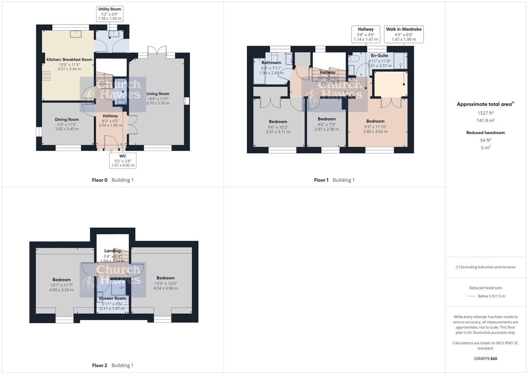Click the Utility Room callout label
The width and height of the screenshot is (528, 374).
click(x=110, y=9)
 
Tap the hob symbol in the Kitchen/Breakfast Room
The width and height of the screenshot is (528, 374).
click(x=46, y=75)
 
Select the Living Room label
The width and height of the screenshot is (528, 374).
click(x=158, y=94)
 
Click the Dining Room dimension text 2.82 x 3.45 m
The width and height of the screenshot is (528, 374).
click(x=67, y=129)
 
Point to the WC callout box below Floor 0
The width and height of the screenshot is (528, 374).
click(x=123, y=161)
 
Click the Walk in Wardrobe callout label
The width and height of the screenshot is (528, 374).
click(x=404, y=29)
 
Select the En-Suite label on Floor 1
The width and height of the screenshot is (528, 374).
click(x=379, y=56)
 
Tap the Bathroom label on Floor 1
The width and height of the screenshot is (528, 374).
click(x=271, y=63)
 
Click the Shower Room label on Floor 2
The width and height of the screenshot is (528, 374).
click(x=112, y=298)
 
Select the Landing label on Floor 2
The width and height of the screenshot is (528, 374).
click(x=112, y=251)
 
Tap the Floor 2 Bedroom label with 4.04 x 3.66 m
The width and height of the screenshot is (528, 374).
click(x=165, y=278)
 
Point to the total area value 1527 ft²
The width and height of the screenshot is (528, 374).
click(x=485, y=113)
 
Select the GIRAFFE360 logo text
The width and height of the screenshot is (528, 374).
click(x=485, y=359)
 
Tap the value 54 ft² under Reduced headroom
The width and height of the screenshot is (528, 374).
click(x=485, y=140)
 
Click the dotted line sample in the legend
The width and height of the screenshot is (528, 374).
click(x=471, y=296)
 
